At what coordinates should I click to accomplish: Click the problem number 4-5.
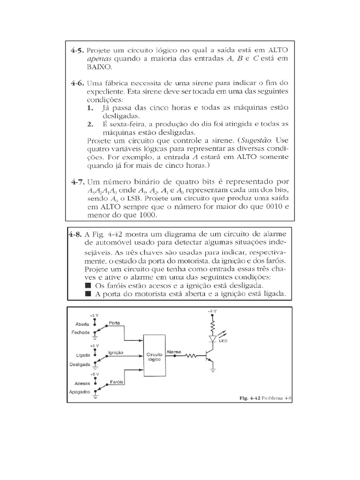coord(77,50)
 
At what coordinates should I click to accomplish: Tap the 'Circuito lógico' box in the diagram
coord(154,356)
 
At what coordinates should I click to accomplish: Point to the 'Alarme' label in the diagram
coord(174,350)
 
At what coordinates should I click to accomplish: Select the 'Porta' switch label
coord(115,323)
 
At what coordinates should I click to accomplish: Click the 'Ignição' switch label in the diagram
coord(116,352)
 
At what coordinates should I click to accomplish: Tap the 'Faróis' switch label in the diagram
coord(117,382)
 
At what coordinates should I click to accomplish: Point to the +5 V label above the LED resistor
coord(212,311)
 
